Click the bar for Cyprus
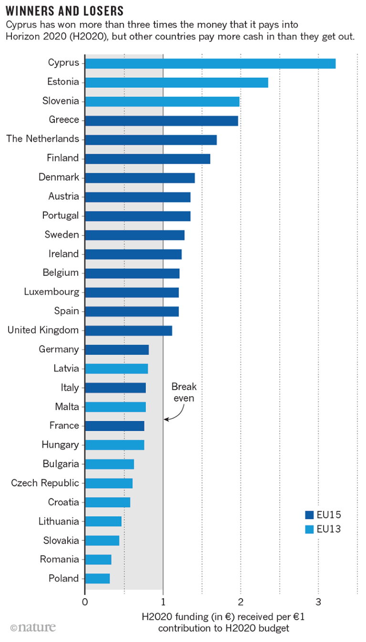[x=210, y=63]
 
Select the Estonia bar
[x=177, y=82]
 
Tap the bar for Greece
[x=161, y=120]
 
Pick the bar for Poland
[x=97, y=579]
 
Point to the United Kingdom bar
[x=128, y=330]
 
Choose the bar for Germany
[x=117, y=350]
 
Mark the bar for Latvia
[x=116, y=369]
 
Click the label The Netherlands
[x=42, y=139]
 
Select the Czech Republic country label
[x=45, y=483]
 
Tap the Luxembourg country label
[x=52, y=291]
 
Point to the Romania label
[x=59, y=559]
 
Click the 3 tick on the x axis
[x=318, y=601]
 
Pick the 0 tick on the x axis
[x=85, y=601]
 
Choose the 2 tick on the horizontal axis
[x=241, y=601]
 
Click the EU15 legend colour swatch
[x=309, y=515]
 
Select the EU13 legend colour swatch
[x=309, y=529]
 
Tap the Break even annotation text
[x=184, y=392]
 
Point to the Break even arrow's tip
[x=164, y=420]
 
